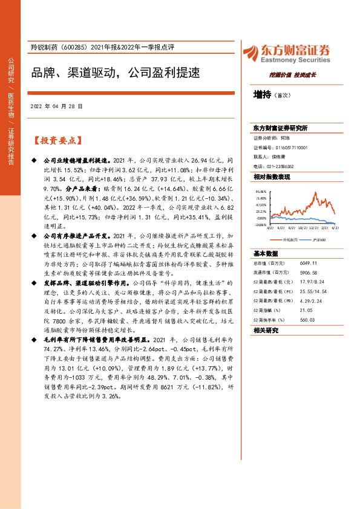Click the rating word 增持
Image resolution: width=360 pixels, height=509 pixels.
coord(262,95)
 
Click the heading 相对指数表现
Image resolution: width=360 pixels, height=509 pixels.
coord(272,177)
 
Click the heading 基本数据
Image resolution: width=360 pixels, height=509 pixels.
coord(266,253)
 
